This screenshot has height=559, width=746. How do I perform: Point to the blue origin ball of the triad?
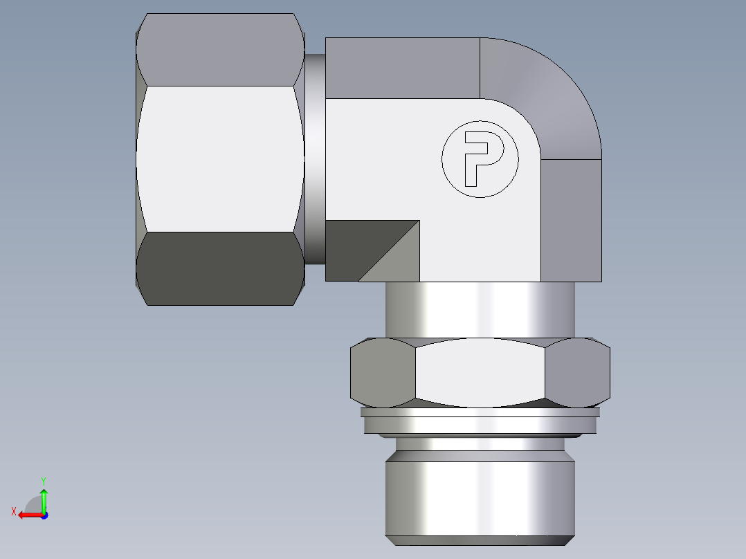(x=44, y=515)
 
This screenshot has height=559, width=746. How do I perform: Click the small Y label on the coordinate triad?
(x=43, y=479)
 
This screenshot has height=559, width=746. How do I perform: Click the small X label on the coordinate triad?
(x=13, y=512)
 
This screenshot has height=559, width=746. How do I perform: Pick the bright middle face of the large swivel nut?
(x=220, y=158)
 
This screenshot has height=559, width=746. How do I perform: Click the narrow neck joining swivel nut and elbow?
(x=315, y=159)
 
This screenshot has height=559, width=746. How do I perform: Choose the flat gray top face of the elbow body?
(x=401, y=68)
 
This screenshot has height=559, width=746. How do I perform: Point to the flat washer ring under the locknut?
(x=480, y=421)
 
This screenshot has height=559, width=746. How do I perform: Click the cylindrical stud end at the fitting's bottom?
(x=480, y=495)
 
